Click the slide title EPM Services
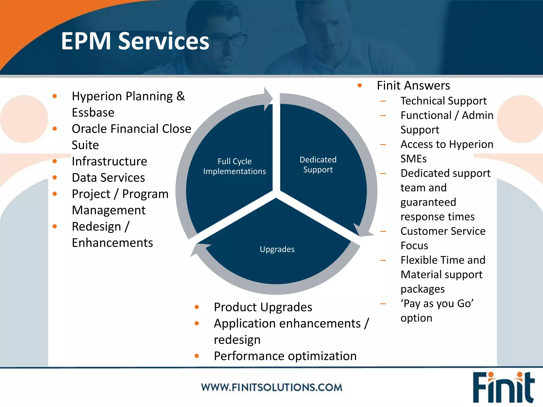pyautogui.click(x=135, y=41)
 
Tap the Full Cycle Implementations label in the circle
pyautogui.click(x=234, y=166)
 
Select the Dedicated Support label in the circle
pyautogui.click(x=318, y=165)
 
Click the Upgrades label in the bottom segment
pyautogui.click(x=277, y=249)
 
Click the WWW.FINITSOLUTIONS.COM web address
pyautogui.click(x=271, y=387)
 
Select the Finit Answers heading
pyautogui.click(x=413, y=86)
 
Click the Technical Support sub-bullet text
pyautogui.click(x=443, y=101)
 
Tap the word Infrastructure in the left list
pyautogui.click(x=109, y=161)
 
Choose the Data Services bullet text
pyautogui.click(x=108, y=178)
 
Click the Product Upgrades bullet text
pyautogui.click(x=263, y=307)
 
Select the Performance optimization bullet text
pyautogui.click(x=285, y=356)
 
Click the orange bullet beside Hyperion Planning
pyautogui.click(x=55, y=96)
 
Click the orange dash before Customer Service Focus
pyautogui.click(x=383, y=231)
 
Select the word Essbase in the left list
pyautogui.click(x=93, y=113)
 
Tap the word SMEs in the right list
pyautogui.click(x=413, y=159)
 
